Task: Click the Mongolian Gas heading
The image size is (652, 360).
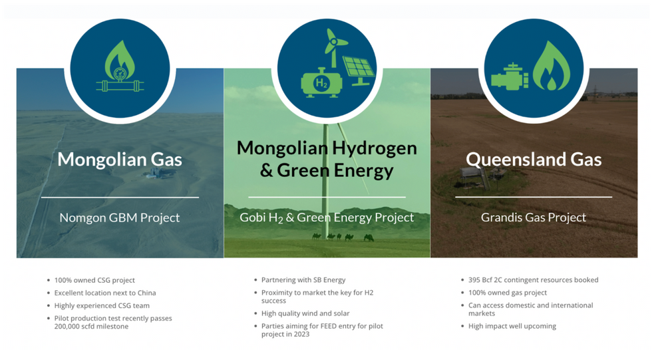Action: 120,159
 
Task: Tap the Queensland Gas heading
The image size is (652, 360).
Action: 534,159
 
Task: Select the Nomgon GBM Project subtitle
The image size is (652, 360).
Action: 120,218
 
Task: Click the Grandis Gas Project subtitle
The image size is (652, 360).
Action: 534,218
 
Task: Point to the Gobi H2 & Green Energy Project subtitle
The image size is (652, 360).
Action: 327,218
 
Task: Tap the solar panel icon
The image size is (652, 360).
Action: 359,71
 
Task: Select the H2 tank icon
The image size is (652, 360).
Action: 321,83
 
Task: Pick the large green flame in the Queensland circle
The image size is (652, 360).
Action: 552,67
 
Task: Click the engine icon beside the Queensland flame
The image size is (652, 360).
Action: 510,77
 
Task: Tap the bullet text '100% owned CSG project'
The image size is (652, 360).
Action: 94,281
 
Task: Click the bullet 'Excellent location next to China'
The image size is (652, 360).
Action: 105,293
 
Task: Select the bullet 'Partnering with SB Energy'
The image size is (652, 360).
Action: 303,280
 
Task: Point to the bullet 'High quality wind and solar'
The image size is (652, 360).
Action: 305,313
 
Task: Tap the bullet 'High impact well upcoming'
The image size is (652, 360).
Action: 512,326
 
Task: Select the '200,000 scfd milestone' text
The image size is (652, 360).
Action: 92,327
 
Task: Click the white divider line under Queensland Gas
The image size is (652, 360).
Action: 534,197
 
